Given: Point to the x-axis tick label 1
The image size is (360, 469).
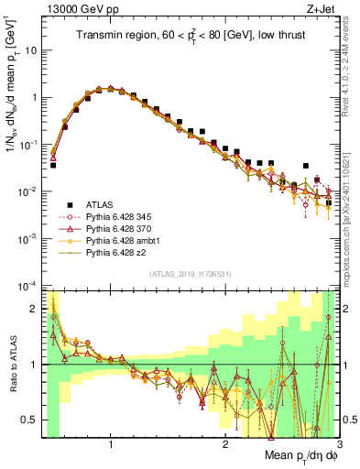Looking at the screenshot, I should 111,445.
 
